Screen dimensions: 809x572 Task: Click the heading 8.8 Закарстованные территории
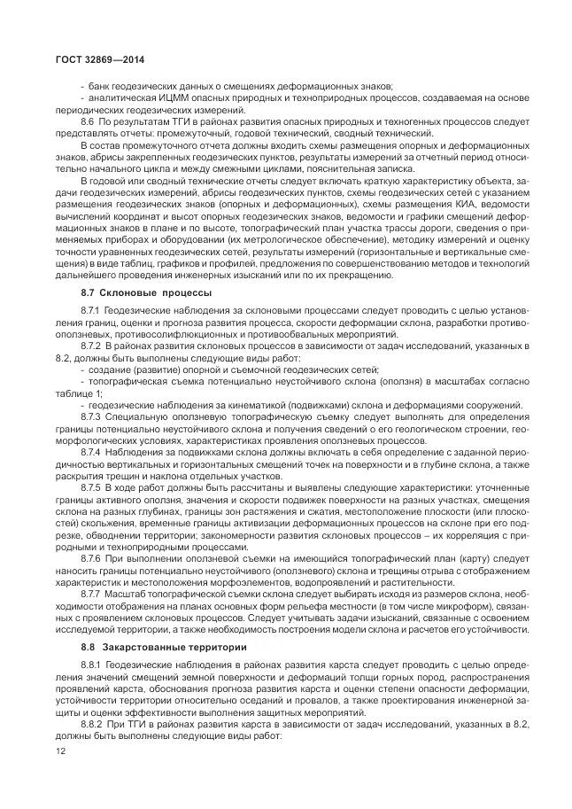(x=146, y=647)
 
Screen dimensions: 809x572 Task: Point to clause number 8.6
(x=87, y=120)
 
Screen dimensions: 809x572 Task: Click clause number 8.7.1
(x=90, y=313)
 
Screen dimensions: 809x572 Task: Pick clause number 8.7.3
(x=90, y=416)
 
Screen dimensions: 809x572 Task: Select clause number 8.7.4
(x=90, y=451)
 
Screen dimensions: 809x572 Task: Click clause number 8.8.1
(x=90, y=665)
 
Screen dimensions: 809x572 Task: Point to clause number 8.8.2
(x=90, y=724)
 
